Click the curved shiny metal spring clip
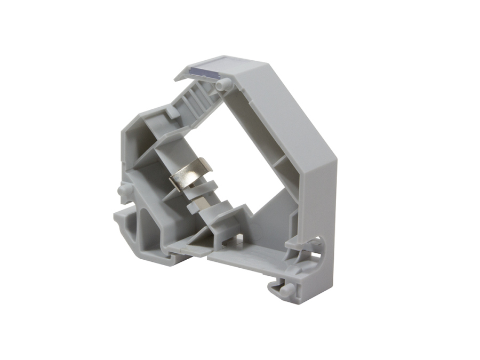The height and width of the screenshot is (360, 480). [190, 176]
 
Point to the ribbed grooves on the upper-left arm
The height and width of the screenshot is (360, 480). [195, 96]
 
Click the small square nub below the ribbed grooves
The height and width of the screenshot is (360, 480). [172, 113]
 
